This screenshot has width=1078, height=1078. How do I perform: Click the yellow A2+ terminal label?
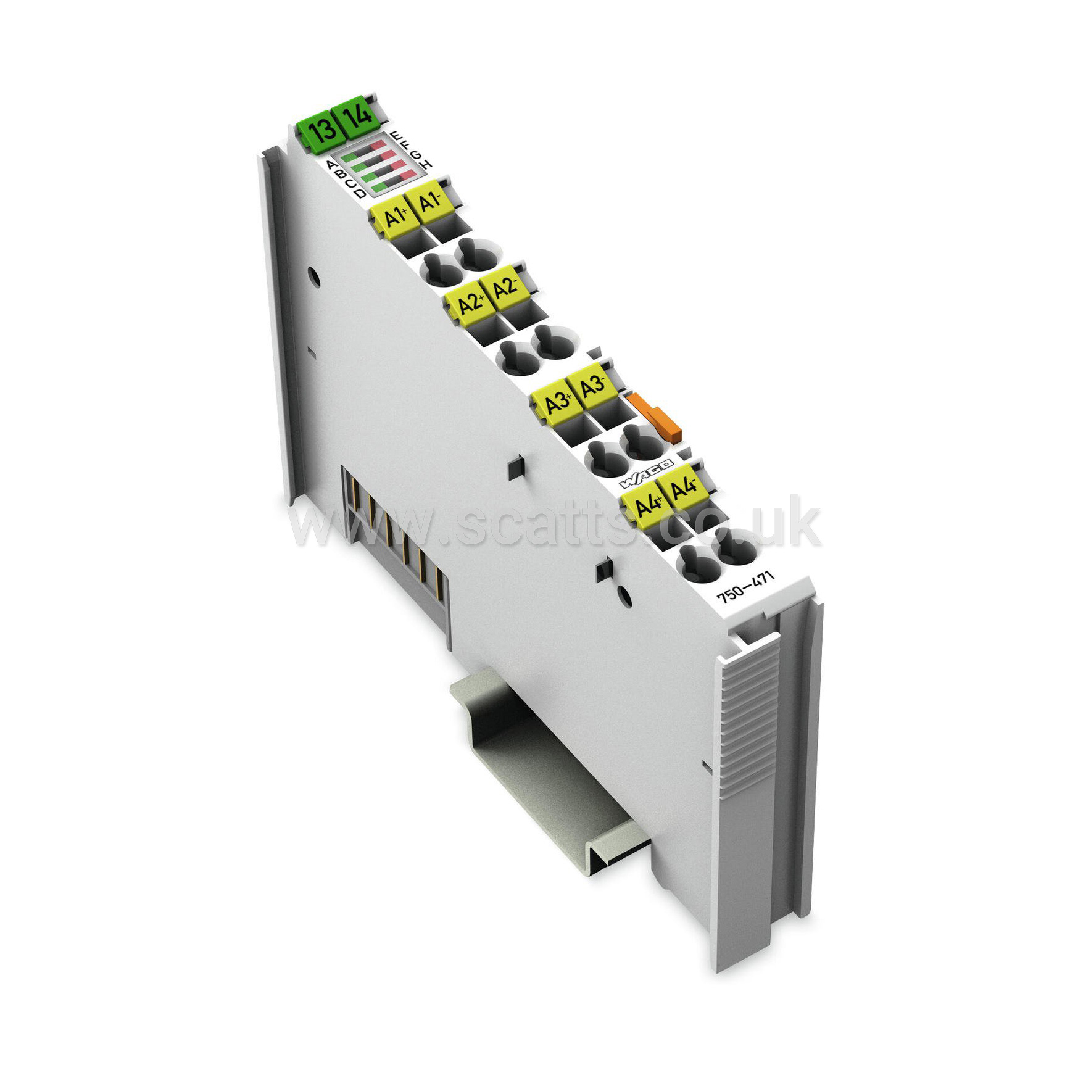tap(470, 302)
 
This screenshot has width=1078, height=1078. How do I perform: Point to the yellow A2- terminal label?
tap(505, 288)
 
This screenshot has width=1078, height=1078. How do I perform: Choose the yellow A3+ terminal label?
tap(557, 403)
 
